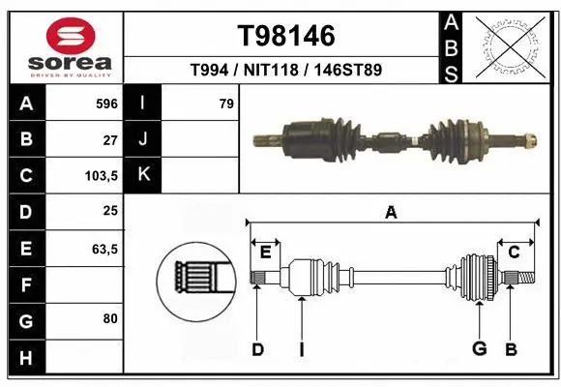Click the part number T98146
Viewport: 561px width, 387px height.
[286, 36]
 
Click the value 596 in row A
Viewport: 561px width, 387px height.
[106, 103]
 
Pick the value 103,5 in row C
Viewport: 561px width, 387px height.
[102, 176]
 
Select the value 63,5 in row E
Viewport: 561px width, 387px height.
[103, 250]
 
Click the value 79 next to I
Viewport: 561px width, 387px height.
[226, 103]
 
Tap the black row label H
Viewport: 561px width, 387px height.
[25, 359]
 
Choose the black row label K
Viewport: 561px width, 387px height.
[143, 175]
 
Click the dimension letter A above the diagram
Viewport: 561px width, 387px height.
[391, 212]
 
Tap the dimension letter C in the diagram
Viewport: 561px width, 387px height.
[515, 252]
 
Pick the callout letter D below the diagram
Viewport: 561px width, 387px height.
[256, 349]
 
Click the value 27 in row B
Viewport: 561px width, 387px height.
[109, 139]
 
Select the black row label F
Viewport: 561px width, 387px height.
[25, 285]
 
